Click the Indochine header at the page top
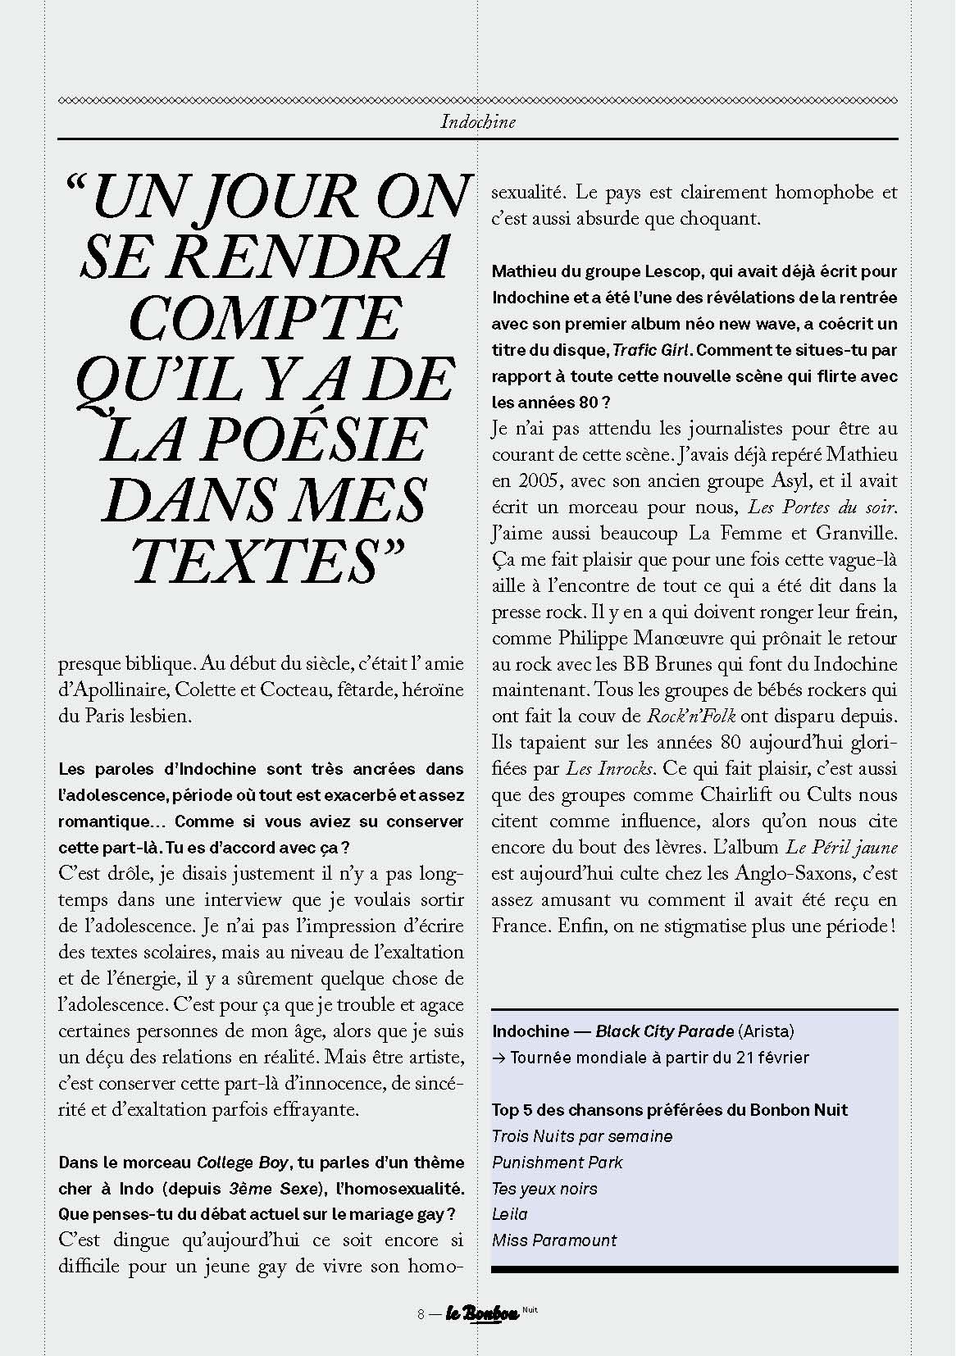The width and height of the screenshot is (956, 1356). coord(478,122)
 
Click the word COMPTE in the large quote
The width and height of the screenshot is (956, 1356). coord(265,319)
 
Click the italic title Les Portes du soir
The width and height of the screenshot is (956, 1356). coord(822,507)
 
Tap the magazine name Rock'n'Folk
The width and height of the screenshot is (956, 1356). coord(691,717)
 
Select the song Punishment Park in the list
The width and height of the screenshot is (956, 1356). coord(557,1163)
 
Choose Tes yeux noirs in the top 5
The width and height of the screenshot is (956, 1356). coord(544,1189)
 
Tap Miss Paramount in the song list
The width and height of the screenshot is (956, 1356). coord(553,1240)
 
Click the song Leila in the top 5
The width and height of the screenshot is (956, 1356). coord(510,1214)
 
